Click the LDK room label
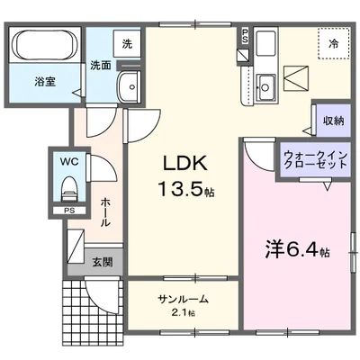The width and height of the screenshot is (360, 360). pos(185,163)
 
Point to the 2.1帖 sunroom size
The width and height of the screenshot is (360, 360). pos(182,315)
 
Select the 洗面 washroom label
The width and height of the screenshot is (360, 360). pos(100,65)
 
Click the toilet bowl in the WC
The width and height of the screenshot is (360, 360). pos(68,191)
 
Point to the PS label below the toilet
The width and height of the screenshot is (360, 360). pos(68,211)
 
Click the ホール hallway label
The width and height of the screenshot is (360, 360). pos(105,211)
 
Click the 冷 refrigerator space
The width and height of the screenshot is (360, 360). pos(333,43)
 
